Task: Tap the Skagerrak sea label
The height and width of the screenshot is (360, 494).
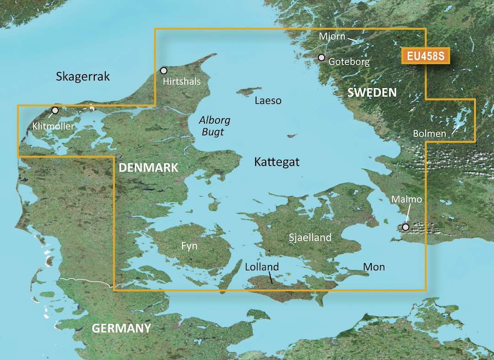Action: [x=83, y=76]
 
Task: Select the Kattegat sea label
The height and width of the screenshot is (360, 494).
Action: [x=277, y=161]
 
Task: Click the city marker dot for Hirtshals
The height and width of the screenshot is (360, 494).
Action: [x=163, y=70]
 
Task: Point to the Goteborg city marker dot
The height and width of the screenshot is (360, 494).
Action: [x=322, y=58]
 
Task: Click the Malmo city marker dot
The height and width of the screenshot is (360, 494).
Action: [x=405, y=227]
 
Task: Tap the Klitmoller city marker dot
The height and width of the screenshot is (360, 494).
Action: [x=55, y=110]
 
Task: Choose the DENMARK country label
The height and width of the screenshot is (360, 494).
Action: [x=148, y=168]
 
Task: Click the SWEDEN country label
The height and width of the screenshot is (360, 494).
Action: [x=371, y=93]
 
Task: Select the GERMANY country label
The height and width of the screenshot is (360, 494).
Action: [x=121, y=328]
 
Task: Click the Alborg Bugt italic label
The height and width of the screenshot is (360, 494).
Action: [x=214, y=126]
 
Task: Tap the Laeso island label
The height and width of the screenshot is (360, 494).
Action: [x=268, y=101]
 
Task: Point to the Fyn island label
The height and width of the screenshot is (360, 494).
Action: [x=189, y=246]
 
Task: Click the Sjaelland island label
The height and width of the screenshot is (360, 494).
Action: [x=310, y=237]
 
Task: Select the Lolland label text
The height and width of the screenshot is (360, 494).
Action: [x=262, y=267]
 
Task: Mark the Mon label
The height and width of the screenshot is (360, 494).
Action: [x=374, y=267]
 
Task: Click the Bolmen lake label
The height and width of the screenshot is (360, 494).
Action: [x=429, y=134]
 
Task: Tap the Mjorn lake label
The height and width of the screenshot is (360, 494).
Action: [x=332, y=36]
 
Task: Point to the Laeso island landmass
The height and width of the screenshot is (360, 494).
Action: [x=247, y=91]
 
